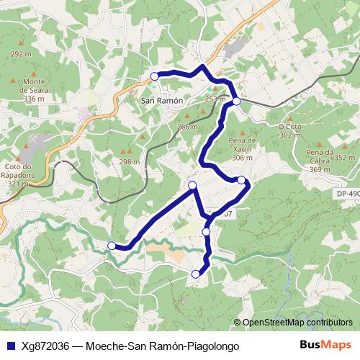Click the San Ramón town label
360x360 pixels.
click(x=161, y=99)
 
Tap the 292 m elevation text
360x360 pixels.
click(x=22, y=55)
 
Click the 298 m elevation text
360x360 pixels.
click(x=129, y=162)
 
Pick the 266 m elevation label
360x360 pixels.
click(x=187, y=127)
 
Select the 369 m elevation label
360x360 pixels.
click(x=320, y=170)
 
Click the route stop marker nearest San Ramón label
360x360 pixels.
click(x=154, y=76)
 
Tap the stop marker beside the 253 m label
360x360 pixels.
click(x=236, y=102)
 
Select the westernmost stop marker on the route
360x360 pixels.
click(x=111, y=246)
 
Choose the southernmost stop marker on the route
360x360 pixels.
click(x=196, y=274)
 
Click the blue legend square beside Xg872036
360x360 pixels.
click(x=9, y=346)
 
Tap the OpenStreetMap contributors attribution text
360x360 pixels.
click(x=297, y=323)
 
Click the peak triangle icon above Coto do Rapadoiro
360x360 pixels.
click(x=25, y=153)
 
